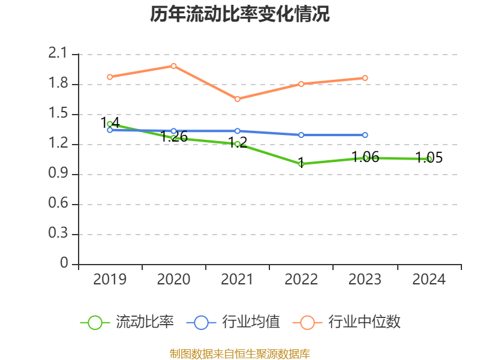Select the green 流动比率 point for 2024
tap(429, 159)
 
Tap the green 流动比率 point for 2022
tap(301, 164)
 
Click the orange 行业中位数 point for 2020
tap(173, 66)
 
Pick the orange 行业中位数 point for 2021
tap(238, 99)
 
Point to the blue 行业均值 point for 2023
tap(365, 135)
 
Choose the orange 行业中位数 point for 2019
tap(110, 77)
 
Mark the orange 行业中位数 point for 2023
tap(365, 78)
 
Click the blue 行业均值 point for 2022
tap(301, 135)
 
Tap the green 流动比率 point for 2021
tap(238, 144)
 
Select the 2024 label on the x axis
tap(429, 280)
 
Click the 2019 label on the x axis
tap(110, 280)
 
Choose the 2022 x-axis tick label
tap(301, 280)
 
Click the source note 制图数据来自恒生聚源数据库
tap(239, 353)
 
